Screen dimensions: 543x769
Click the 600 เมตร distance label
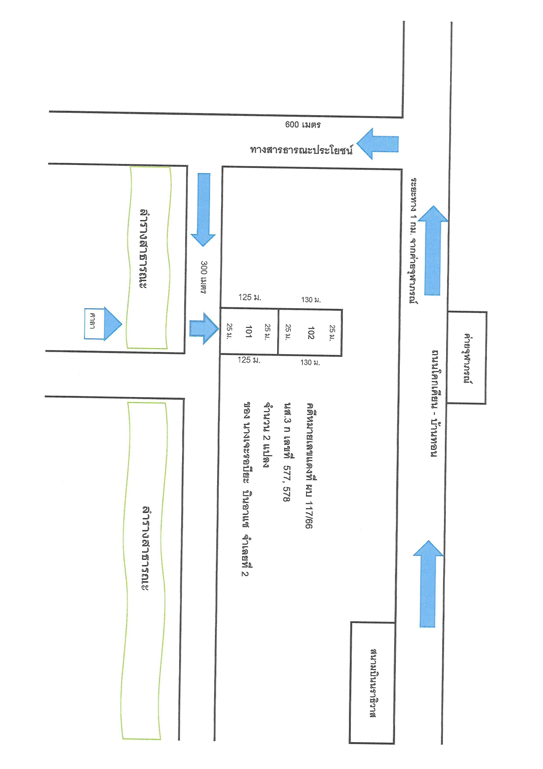pos(303,125)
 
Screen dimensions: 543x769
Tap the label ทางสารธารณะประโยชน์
pos(301,150)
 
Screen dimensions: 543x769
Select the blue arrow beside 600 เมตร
pos(378,144)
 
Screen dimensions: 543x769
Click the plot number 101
pos(248,331)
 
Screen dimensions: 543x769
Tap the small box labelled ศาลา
pos(94,324)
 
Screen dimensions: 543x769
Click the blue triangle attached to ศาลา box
pos(113,324)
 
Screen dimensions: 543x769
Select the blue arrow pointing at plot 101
pos(204,328)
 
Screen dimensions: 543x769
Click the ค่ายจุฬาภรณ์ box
pos(467,358)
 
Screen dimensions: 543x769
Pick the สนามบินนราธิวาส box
pos(372,683)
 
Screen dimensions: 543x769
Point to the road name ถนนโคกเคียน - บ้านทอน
pos(434,403)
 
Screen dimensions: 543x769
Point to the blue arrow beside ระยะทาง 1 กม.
pos(433,250)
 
